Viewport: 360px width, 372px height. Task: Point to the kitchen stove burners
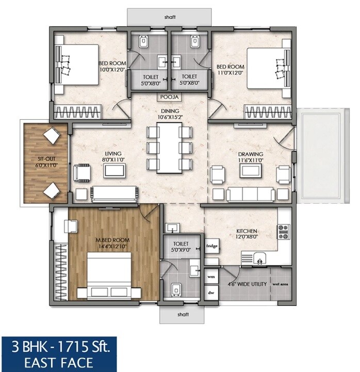[x=284, y=232]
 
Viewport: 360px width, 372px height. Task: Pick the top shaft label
[x=170, y=17]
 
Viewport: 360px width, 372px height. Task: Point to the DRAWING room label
[x=250, y=154]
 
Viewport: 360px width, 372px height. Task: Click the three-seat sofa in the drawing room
[x=251, y=193]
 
